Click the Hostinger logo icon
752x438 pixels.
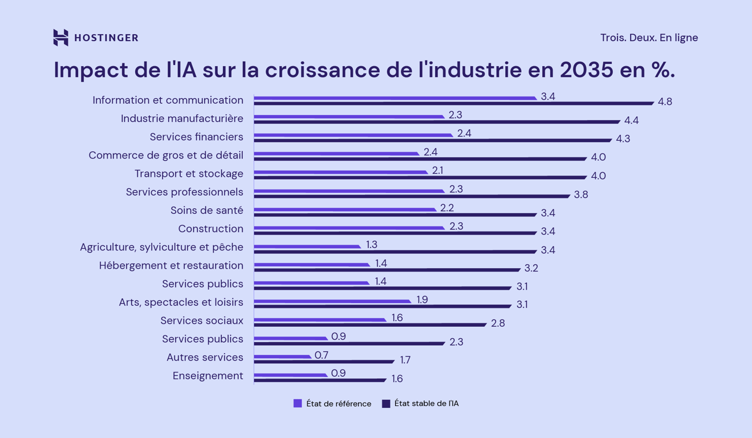pyautogui.click(x=60, y=38)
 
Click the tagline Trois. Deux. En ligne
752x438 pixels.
pyautogui.click(x=649, y=38)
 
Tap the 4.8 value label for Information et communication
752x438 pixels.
pyautogui.click(x=665, y=102)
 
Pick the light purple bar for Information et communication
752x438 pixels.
pyautogui.click(x=395, y=98)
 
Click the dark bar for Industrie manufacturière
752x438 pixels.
pyautogui.click(x=436, y=121)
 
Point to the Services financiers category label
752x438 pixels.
pyautogui.click(x=196, y=137)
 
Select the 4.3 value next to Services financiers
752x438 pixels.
pyautogui.click(x=623, y=139)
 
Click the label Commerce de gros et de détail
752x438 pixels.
pyautogui.click(x=165, y=155)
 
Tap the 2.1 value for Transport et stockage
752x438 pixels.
pyautogui.click(x=438, y=170)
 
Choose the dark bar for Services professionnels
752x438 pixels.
pyautogui.click(x=411, y=196)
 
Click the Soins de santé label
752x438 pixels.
pyautogui.click(x=206, y=210)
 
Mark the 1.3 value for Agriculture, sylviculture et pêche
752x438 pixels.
pyautogui.click(x=372, y=244)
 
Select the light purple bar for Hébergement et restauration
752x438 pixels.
pyautogui.click(x=311, y=265)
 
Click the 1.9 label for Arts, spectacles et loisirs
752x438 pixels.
pyautogui.click(x=422, y=299)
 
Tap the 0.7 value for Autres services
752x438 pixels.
pyautogui.click(x=322, y=355)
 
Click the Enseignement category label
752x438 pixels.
pyautogui.click(x=208, y=376)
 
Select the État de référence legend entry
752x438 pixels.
pyautogui.click(x=332, y=404)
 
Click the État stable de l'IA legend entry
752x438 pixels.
pyautogui.click(x=420, y=404)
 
